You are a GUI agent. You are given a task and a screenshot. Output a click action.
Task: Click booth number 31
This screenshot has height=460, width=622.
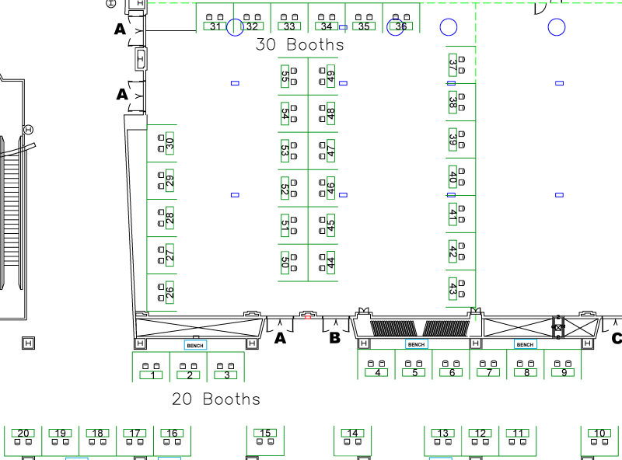tap(215, 26)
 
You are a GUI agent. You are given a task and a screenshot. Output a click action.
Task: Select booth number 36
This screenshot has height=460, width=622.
tap(401, 26)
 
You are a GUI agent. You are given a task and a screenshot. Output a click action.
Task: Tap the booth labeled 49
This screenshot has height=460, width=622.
tap(331, 77)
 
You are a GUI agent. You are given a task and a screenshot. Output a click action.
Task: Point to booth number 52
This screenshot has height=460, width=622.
tap(285, 188)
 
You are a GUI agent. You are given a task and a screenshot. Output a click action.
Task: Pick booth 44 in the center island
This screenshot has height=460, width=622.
tap(331, 263)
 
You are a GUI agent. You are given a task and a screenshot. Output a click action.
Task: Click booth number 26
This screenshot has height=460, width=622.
tap(169, 293)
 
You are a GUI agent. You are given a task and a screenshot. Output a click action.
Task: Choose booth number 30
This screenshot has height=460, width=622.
tap(169, 143)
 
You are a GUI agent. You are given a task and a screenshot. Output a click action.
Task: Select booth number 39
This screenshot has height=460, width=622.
tap(453, 140)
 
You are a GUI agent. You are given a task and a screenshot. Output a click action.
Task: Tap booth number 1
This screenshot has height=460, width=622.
tap(152, 375)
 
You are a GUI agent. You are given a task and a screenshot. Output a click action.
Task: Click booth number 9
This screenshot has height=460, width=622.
tap(564, 372)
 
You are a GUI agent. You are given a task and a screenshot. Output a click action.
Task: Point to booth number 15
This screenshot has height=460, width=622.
tap(266, 433)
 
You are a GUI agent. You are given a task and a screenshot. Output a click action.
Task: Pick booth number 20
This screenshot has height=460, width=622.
tap(23, 433)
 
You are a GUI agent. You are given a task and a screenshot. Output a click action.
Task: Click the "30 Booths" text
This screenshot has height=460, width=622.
tap(299, 45)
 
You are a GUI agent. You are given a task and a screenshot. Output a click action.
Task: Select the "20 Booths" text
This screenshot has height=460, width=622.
tap(216, 399)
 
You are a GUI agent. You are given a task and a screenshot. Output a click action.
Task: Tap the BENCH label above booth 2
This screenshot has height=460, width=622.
tap(195, 344)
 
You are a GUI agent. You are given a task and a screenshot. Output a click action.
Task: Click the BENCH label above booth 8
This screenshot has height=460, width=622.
tap(525, 344)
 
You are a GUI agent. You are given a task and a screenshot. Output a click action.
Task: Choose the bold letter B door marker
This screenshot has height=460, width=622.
tap(335, 338)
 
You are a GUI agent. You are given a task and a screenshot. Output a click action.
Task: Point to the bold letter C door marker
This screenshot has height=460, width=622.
tap(617, 338)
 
